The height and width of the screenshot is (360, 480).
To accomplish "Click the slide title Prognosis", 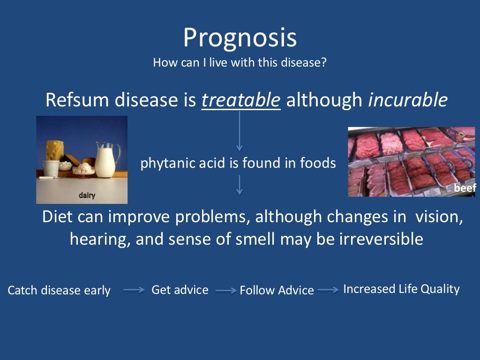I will click(x=240, y=38).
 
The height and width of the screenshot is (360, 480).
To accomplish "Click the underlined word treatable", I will click(x=241, y=100).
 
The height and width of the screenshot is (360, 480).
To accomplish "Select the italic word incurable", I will click(x=407, y=100).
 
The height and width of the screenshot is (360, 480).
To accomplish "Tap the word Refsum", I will click(x=74, y=100).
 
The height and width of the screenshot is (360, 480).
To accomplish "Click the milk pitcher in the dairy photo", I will click(x=106, y=159).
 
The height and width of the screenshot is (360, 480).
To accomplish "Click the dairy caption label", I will click(x=87, y=195).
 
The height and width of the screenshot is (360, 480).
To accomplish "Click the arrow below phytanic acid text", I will click(x=240, y=185).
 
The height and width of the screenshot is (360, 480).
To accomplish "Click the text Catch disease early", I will click(x=59, y=291).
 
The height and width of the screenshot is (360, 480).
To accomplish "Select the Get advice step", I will click(x=180, y=290).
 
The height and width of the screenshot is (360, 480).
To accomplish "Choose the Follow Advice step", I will click(x=277, y=291).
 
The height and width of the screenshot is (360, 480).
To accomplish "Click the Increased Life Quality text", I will click(x=401, y=289).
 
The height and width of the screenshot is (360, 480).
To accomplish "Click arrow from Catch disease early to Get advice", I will click(x=134, y=290).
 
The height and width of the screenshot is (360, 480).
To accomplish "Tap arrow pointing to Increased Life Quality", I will click(x=328, y=290).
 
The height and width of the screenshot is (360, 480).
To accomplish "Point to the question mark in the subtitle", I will click(x=323, y=62).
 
